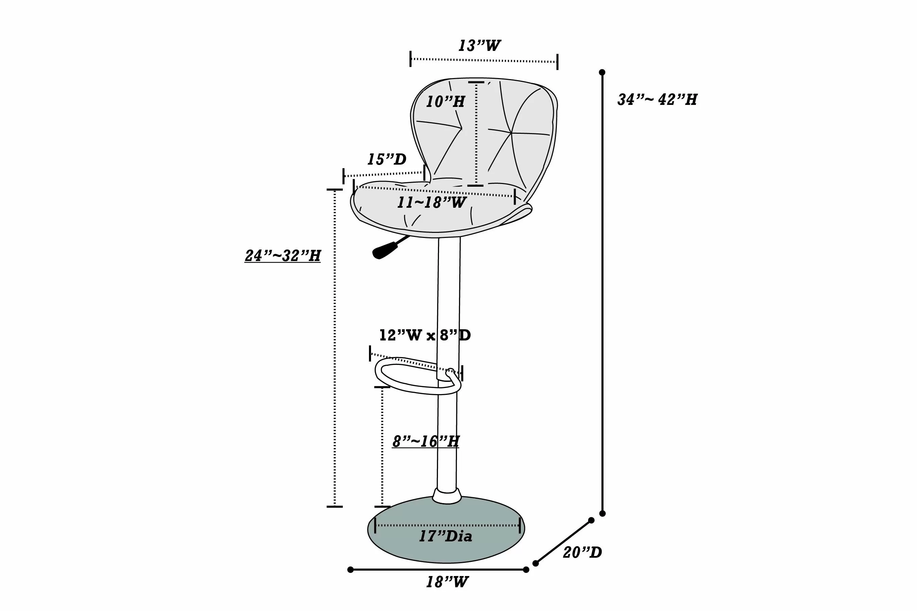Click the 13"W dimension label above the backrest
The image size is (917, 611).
click(479, 45)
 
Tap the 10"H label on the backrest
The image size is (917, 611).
click(445, 102)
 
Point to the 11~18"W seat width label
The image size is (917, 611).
click(431, 202)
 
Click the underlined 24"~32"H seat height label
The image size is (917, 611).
click(282, 256)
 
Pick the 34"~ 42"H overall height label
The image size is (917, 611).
click(657, 99)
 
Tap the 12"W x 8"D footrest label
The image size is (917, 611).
click(425, 335)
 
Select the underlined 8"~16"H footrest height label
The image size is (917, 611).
click(425, 442)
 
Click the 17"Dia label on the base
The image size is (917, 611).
click(445, 537)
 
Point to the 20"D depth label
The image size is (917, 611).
click(582, 552)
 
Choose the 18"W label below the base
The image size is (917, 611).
click(447, 582)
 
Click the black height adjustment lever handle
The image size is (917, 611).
click(385, 250)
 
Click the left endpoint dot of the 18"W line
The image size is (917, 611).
click(350, 570)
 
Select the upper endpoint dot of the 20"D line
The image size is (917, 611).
click(591, 520)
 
